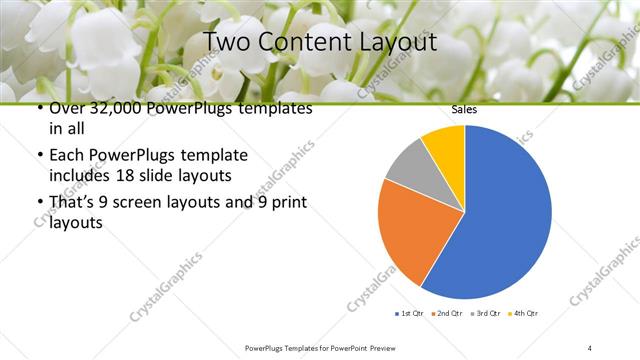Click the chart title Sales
(464, 109)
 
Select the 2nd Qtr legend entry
(445, 314)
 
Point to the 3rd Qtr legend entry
(483, 314)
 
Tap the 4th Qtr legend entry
(522, 314)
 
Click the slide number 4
(590, 347)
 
